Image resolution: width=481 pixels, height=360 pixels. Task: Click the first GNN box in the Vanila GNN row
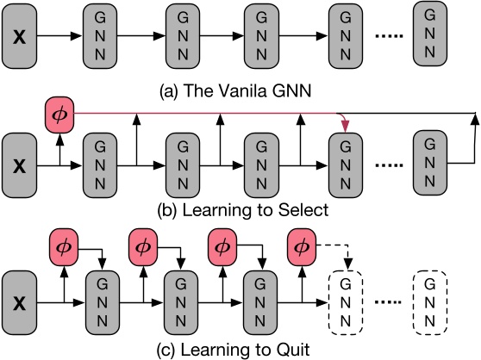(101, 40)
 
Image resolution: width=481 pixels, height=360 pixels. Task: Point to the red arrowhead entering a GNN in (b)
(347, 128)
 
